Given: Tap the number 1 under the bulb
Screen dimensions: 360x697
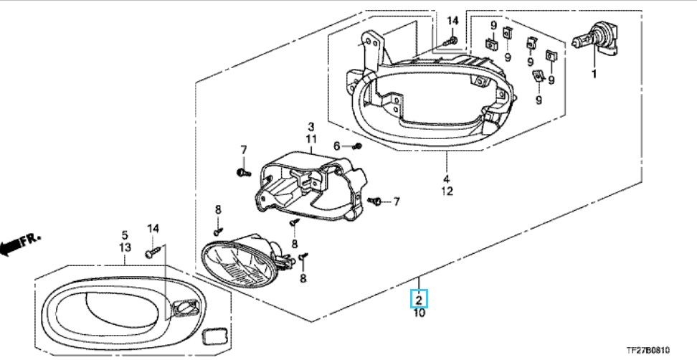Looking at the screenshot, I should tap(594, 74).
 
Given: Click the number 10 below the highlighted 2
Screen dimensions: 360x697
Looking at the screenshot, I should tap(419, 313).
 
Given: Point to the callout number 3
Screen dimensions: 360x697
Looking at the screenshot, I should tap(311, 126).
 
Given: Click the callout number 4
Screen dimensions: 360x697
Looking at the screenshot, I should tap(445, 178).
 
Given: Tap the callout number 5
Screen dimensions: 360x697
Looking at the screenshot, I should tap(123, 235).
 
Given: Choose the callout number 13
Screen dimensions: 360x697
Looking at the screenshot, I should tap(123, 247).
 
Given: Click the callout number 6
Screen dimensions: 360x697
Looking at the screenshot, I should tap(336, 146).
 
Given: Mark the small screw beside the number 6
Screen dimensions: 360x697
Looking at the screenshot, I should tap(356, 146).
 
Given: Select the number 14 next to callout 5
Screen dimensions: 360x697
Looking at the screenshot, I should tap(152, 228).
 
